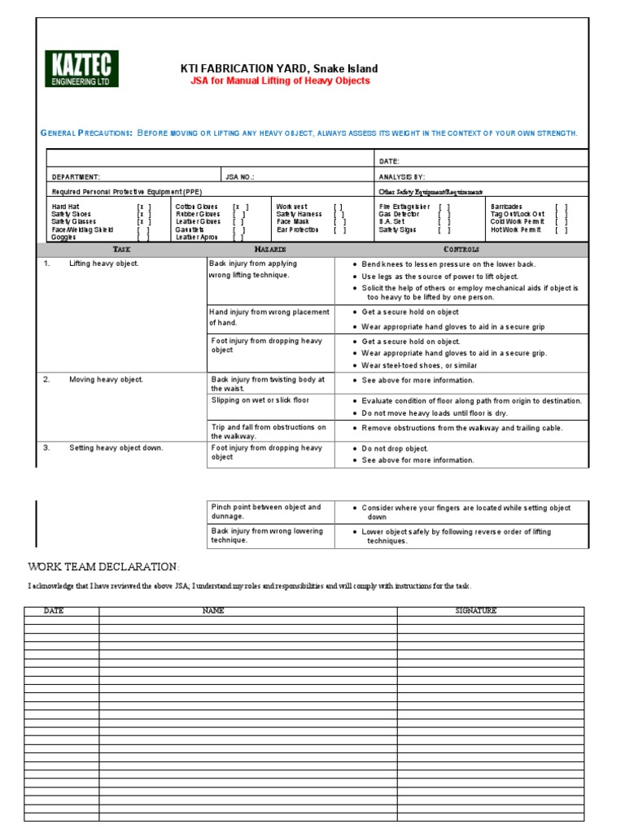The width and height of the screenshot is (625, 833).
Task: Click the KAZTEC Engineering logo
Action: [81, 68]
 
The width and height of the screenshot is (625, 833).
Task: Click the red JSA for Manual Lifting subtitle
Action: [289, 81]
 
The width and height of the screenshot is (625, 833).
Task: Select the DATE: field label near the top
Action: [389, 161]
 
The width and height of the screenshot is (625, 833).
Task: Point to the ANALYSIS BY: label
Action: [402, 177]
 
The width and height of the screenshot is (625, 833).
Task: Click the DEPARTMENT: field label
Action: [76, 177]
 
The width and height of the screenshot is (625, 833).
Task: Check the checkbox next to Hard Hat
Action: [144, 207]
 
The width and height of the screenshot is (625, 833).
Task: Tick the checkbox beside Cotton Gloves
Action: [240, 207]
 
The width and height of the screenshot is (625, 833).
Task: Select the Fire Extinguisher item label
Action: [404, 207]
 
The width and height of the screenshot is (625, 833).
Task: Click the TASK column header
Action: [121, 249]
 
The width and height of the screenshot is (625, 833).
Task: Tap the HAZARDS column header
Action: [270, 249]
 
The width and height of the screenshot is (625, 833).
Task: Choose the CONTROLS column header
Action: [461, 249]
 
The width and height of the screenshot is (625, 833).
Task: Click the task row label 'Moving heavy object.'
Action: [106, 380]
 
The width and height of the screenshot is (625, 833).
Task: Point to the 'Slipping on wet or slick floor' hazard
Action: [260, 400]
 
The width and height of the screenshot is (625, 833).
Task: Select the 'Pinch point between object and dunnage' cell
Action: [266, 511]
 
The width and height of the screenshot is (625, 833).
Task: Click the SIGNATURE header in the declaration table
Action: [477, 610]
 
